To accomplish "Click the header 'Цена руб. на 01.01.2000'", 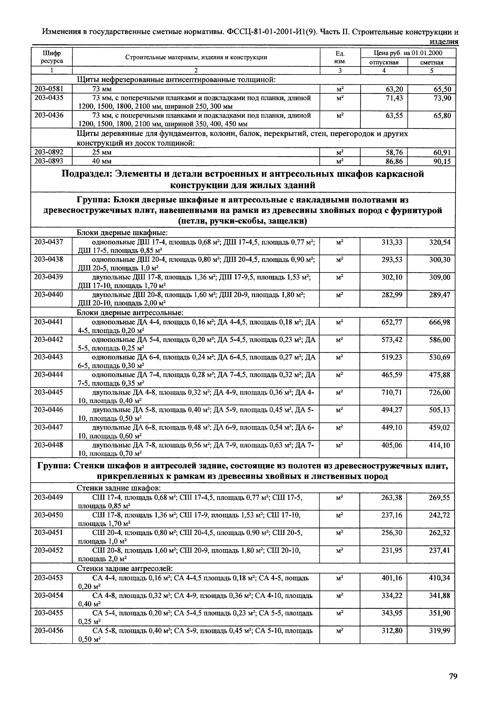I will (x=408, y=53).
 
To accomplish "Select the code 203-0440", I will (x=49, y=295).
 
